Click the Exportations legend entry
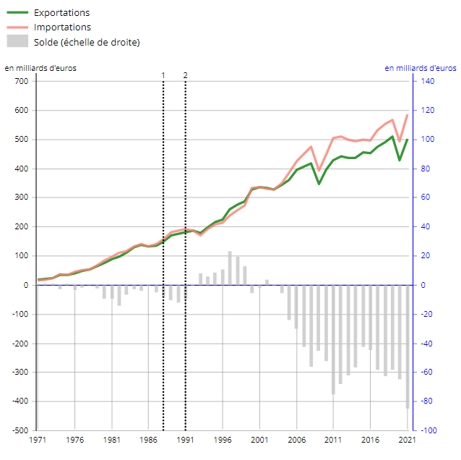click(x=61, y=13)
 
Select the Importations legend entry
click(x=62, y=27)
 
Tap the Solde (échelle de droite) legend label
click(x=87, y=42)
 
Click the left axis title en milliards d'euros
click(x=40, y=68)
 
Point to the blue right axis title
click(x=420, y=68)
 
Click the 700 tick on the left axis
click(x=21, y=81)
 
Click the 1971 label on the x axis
click(x=38, y=440)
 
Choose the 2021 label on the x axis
click(x=408, y=440)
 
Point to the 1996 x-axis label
click(x=223, y=440)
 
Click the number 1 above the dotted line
click(x=163, y=75)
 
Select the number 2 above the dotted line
click(x=186, y=75)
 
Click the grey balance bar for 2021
click(x=408, y=347)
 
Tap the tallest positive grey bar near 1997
click(x=230, y=268)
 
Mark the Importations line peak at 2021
click(x=408, y=115)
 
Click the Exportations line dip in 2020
click(x=400, y=160)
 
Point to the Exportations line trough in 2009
click(x=319, y=184)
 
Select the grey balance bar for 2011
click(x=333, y=339)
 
